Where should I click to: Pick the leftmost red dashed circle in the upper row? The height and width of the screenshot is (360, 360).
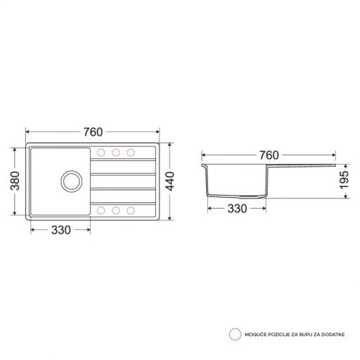[x=101, y=153]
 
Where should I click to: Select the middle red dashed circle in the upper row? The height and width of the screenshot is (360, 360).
[x=115, y=153]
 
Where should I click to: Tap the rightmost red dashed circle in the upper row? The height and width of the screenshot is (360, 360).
[x=130, y=153]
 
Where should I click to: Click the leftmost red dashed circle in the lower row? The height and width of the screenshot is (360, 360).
[x=101, y=209]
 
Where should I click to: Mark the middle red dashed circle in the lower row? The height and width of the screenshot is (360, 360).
[x=115, y=209]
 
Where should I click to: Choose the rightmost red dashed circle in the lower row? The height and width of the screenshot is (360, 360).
[x=130, y=209]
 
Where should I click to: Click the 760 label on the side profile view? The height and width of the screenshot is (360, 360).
[x=269, y=155]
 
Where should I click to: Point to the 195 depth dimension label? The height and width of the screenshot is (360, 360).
[x=345, y=181]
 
